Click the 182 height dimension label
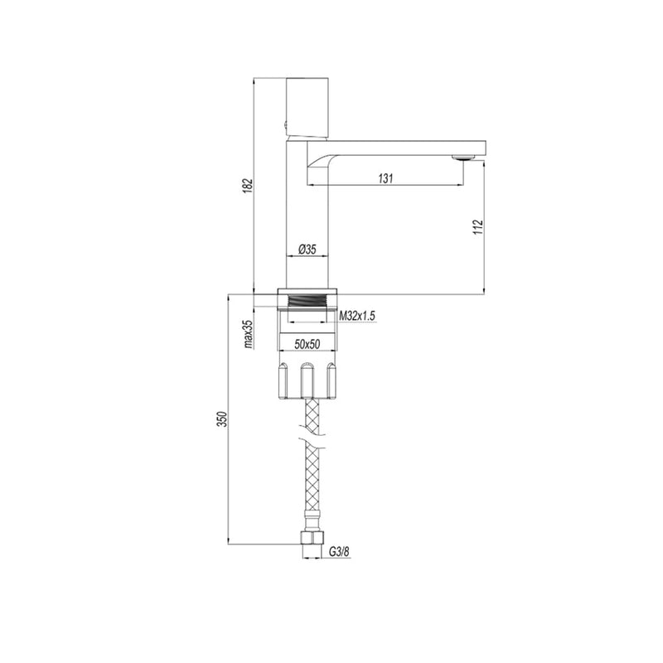[248, 186]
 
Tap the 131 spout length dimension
[385, 178]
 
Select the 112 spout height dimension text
[478, 227]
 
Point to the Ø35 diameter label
[307, 249]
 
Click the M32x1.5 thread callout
[358, 316]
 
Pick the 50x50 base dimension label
[307, 345]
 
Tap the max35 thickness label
[249, 334]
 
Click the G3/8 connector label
[340, 552]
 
